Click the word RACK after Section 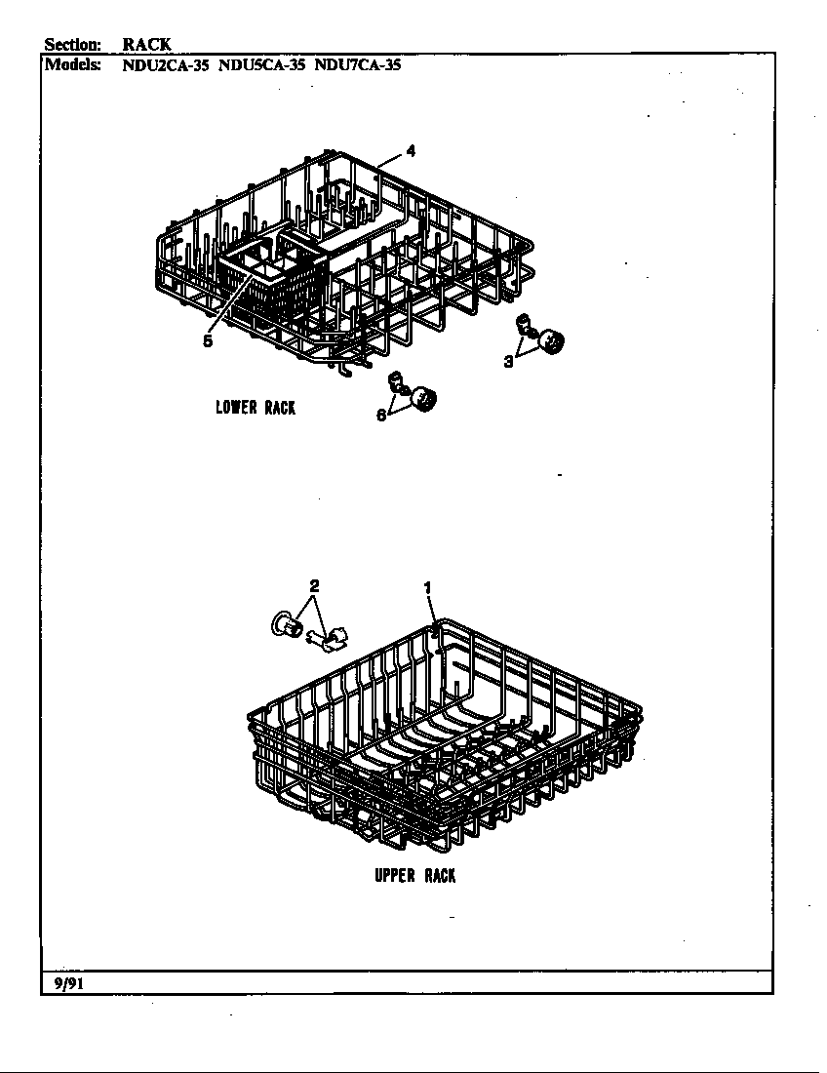click(x=147, y=45)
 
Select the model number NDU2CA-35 click(x=165, y=65)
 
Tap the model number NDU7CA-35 click(x=358, y=65)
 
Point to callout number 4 click(x=411, y=151)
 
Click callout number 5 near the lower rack click(x=208, y=340)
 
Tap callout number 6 click(x=381, y=416)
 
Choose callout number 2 click(x=314, y=586)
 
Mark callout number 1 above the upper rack click(x=427, y=587)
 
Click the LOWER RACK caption click(x=256, y=408)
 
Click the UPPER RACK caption click(x=414, y=875)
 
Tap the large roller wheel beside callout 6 click(x=425, y=398)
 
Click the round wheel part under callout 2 click(x=288, y=624)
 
